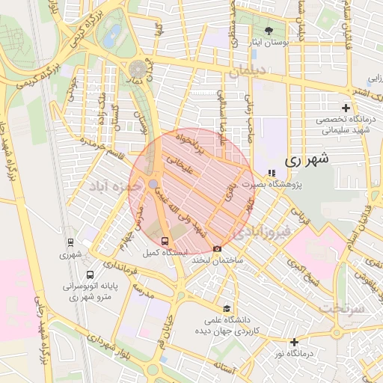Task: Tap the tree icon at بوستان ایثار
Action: pyautogui.click(x=269, y=31)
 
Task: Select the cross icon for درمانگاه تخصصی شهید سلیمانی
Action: pyautogui.click(x=345, y=108)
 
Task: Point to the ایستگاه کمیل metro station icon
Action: pyautogui.click(x=165, y=241)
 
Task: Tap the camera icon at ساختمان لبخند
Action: pyautogui.click(x=218, y=248)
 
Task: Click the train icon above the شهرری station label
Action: pyautogui.click(x=70, y=242)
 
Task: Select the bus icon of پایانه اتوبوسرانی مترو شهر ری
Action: pyautogui.click(x=91, y=275)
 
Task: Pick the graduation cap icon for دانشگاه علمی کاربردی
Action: pyautogui.click(x=226, y=308)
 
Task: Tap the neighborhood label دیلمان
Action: pyautogui.click(x=249, y=73)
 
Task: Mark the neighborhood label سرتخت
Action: pyautogui.click(x=340, y=307)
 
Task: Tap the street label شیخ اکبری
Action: pyautogui.click(x=304, y=272)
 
